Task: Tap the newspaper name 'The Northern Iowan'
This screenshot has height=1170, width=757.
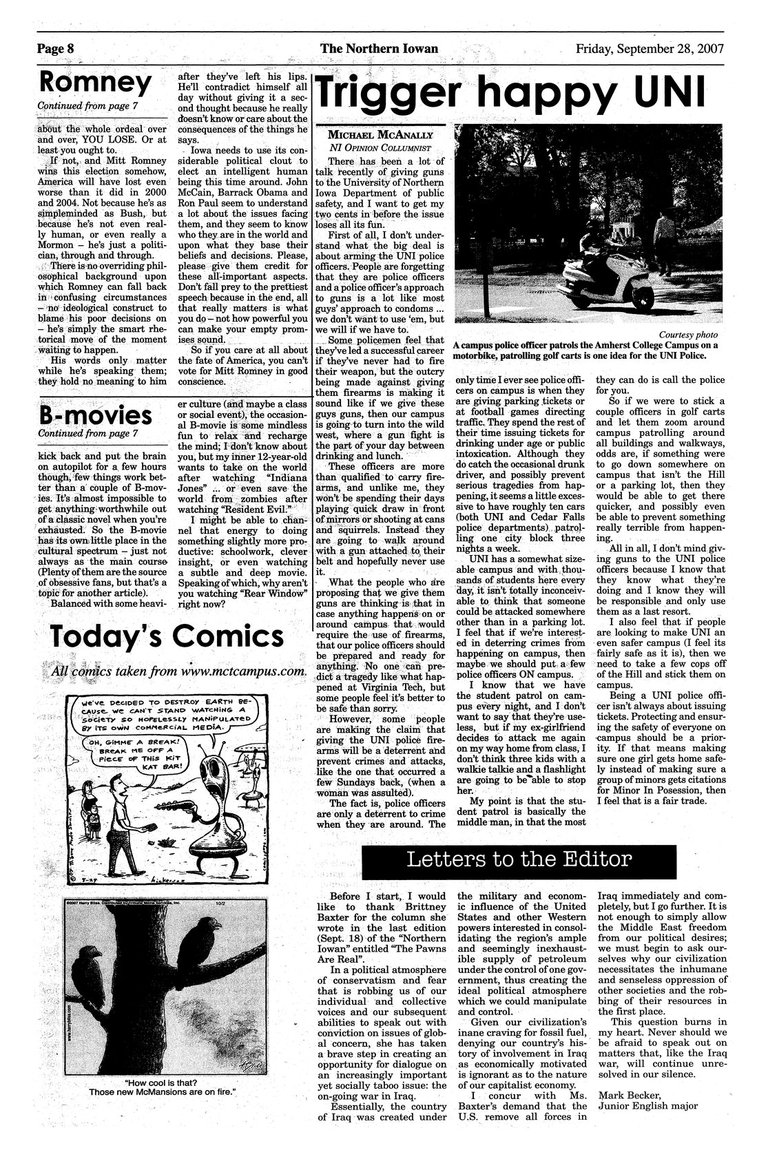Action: pos(379,48)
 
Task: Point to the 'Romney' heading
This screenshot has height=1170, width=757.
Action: pos(95,83)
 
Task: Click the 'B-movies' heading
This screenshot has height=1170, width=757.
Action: pos(96,415)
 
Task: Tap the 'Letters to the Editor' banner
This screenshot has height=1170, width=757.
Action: pos(519,859)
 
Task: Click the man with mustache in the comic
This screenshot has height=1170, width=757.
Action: pos(123,816)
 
